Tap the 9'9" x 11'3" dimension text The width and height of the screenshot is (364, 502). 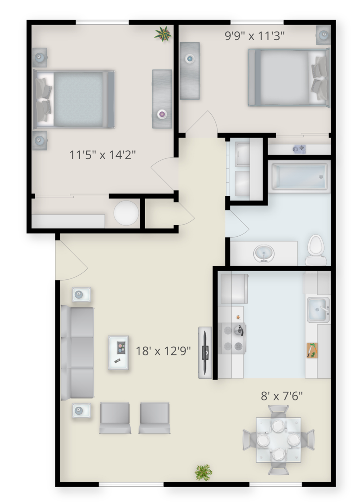coord(254,36)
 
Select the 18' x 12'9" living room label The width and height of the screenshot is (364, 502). coord(163,351)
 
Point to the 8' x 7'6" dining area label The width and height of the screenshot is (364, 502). coord(282,396)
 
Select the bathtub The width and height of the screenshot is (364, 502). coord(299,176)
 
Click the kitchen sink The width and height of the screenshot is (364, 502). coord(318,310)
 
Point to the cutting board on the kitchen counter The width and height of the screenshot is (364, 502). coord(312,350)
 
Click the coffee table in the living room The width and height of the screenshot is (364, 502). coord(118,352)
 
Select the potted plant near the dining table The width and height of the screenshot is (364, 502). coord(204,472)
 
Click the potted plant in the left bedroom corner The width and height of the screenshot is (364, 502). coord(163,34)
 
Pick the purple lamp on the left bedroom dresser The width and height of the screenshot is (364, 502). coord(162,114)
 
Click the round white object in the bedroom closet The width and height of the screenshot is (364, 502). coord(126,213)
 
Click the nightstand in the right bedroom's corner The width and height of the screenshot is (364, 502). coord(324,35)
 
